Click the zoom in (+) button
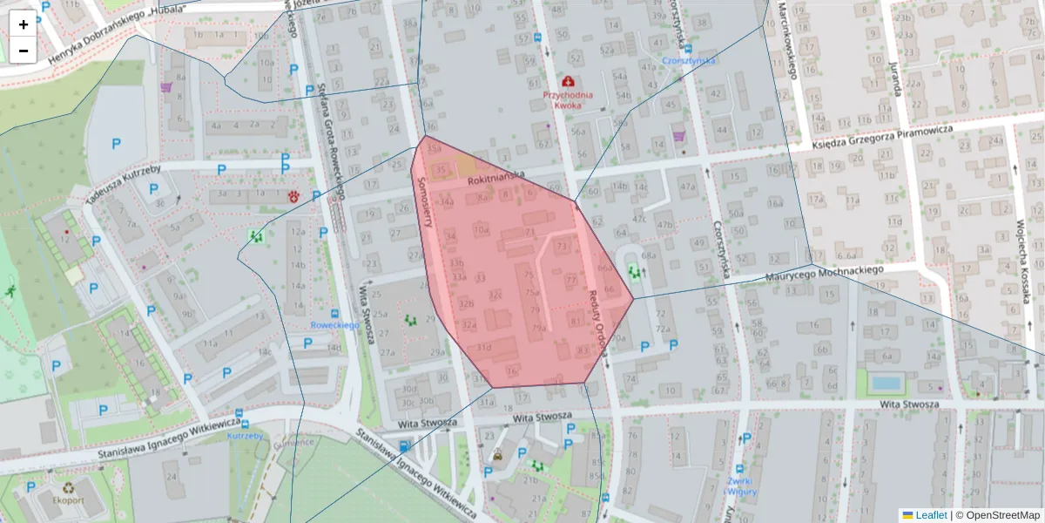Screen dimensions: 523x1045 24,24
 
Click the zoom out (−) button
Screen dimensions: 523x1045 24,51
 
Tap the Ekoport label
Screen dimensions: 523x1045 68,501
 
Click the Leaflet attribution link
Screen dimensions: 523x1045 931,515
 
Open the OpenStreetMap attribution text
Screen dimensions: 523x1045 997,515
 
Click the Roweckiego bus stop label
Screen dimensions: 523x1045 335,325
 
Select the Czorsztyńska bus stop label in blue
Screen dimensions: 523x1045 688,61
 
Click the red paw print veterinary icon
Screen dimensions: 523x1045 293,197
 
